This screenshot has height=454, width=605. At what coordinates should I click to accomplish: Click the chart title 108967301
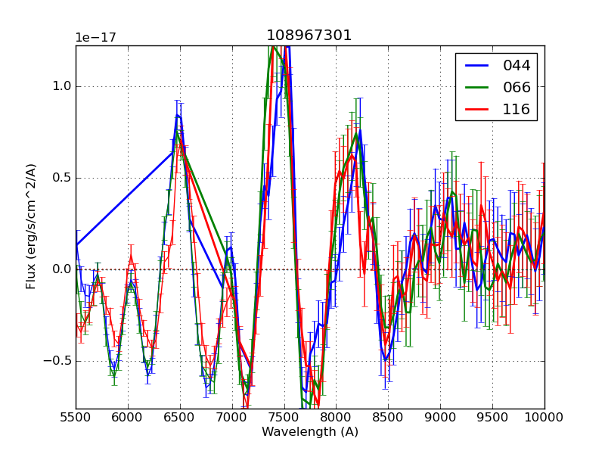click(x=309, y=36)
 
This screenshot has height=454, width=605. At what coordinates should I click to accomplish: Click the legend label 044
click(x=517, y=66)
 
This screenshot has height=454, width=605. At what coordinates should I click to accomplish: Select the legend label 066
click(x=517, y=87)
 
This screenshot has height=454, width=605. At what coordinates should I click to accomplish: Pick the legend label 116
click(x=517, y=109)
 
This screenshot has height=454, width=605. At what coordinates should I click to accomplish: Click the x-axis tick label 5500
click(x=76, y=418)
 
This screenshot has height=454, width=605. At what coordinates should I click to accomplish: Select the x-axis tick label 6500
click(x=180, y=418)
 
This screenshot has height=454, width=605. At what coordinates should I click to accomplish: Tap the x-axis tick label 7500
click(x=284, y=418)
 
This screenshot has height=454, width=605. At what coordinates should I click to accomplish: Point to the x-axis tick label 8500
click(x=388, y=418)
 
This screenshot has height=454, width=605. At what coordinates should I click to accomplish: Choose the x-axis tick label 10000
click(x=544, y=418)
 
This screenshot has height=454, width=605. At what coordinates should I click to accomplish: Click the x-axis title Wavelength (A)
click(x=310, y=432)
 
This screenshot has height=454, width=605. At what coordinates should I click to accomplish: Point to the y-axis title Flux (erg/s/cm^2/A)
click(x=31, y=225)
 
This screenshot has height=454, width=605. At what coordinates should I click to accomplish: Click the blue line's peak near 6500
click(x=177, y=115)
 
